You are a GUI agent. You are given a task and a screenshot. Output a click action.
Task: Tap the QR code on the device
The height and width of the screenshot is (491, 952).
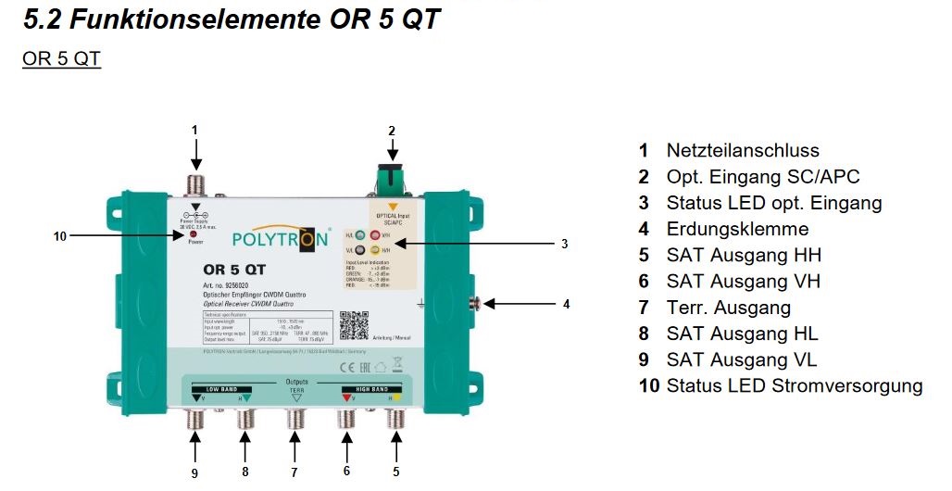coord(354,326)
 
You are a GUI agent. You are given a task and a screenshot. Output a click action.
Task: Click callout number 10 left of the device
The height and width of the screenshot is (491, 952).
coord(60,236)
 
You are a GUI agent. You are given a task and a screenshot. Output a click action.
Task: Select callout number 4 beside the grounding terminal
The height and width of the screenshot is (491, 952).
coord(567,304)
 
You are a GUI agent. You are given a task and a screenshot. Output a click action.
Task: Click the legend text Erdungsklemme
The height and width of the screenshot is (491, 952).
coord(737,229)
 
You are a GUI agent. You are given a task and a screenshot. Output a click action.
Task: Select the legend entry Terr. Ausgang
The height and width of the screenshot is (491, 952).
coord(728,308)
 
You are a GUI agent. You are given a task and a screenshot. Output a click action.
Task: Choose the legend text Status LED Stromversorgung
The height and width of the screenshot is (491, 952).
coord(794,385)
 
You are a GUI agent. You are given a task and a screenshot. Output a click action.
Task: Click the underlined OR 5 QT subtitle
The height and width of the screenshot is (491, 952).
coord(61,59)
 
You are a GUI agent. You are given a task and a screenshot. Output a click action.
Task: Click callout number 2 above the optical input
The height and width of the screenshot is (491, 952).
coord(392,131)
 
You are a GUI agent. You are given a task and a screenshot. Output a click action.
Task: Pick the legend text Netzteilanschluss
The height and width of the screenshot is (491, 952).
coord(743,150)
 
